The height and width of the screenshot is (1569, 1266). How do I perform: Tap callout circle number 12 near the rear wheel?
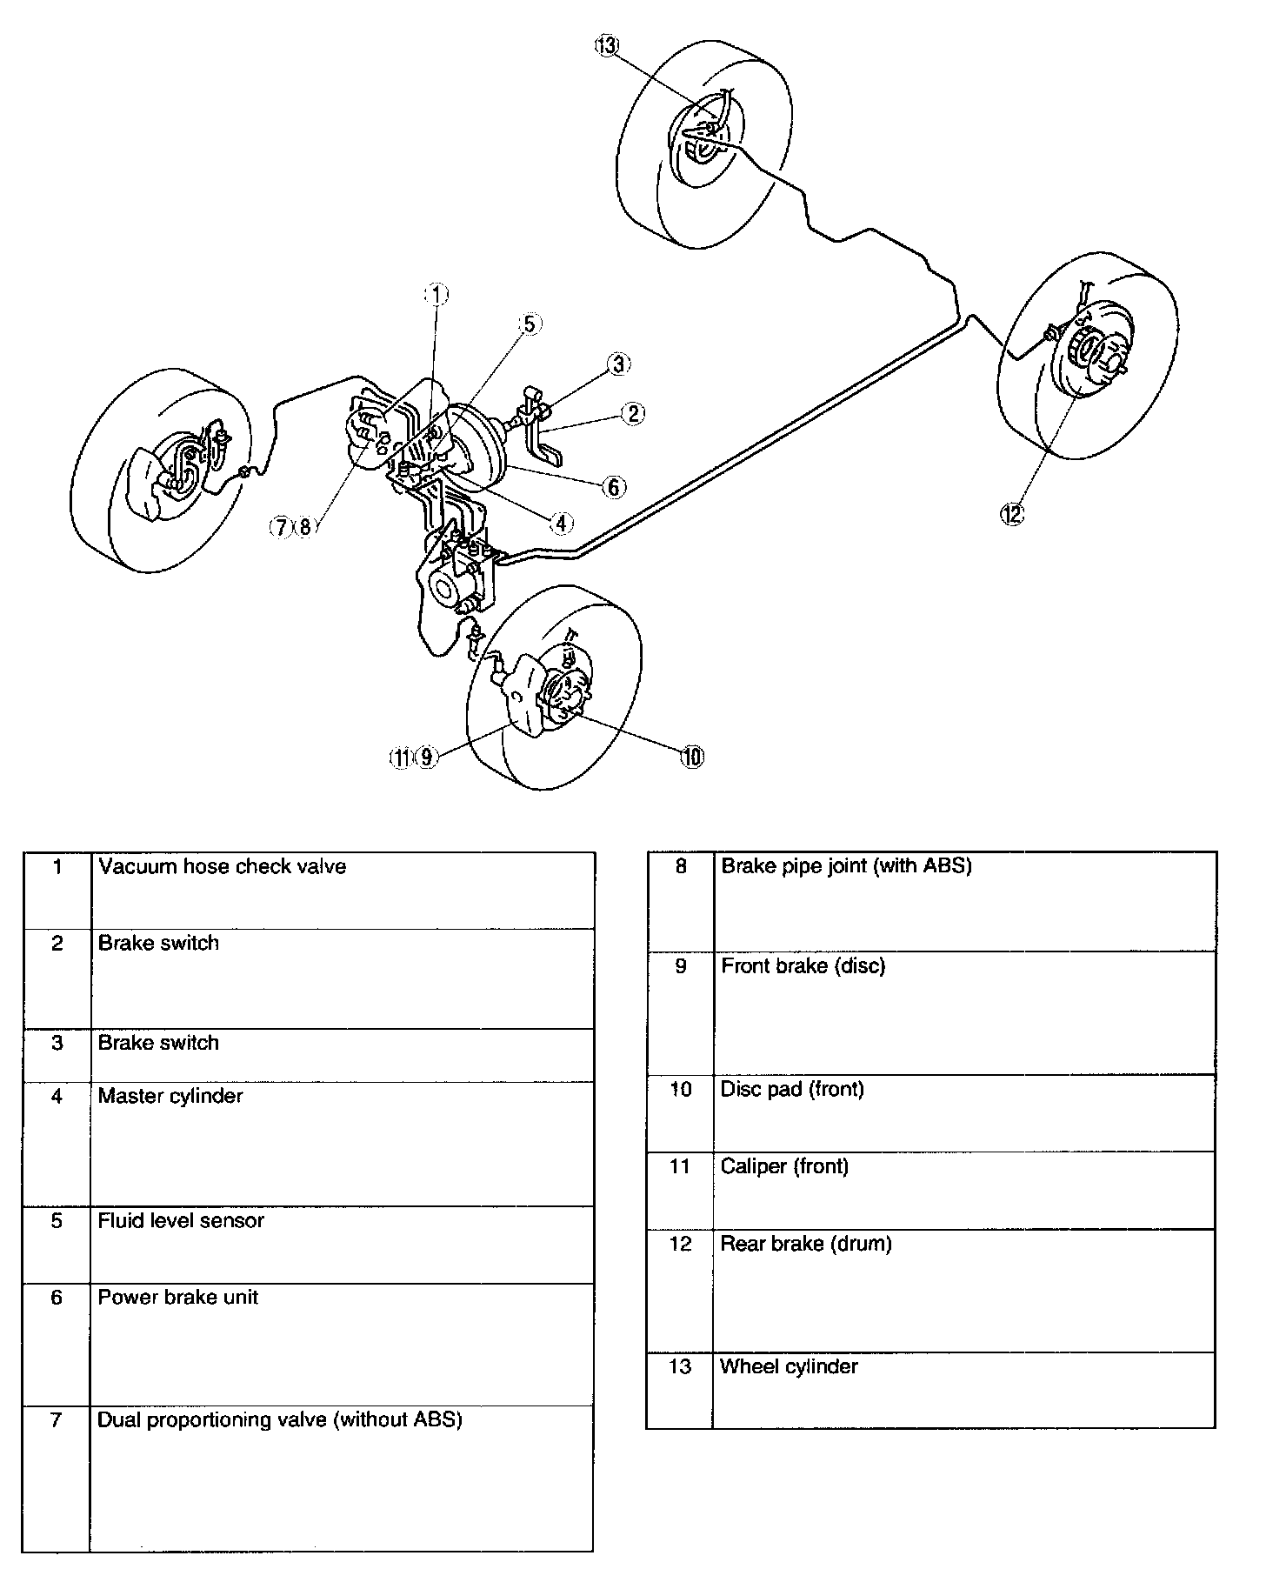click(1012, 514)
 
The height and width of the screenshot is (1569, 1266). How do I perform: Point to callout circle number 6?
click(614, 487)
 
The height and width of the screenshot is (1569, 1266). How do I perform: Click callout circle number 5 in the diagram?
click(529, 324)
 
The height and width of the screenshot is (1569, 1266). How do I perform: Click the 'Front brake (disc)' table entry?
click(803, 966)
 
